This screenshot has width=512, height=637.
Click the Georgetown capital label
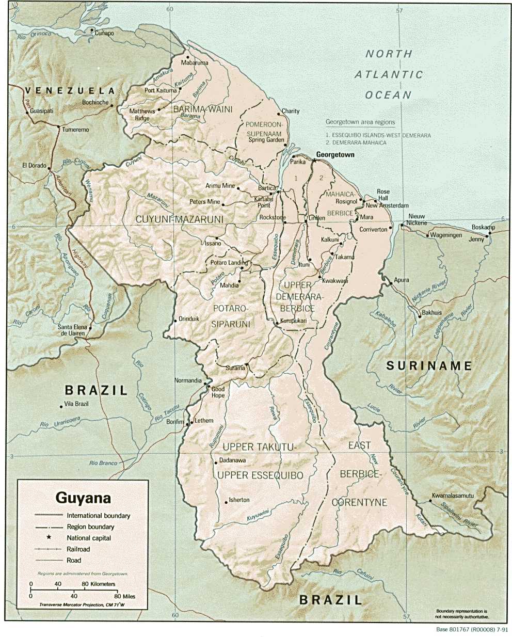(334, 154)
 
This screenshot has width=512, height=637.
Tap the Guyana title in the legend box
(83, 498)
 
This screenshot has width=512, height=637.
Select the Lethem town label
(204, 420)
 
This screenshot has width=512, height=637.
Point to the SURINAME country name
(429, 366)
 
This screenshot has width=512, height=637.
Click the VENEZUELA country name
(70, 90)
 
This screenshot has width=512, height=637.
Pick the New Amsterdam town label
(387, 205)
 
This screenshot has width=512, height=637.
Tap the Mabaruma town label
(195, 62)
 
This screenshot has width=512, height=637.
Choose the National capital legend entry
(88, 538)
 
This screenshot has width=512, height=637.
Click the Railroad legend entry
(78, 549)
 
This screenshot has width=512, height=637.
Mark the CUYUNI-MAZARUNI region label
(179, 219)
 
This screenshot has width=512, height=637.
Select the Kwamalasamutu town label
(453, 496)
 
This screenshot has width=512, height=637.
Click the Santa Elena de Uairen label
(72, 330)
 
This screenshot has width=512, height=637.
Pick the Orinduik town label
(188, 318)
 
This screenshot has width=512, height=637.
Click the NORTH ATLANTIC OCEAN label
(389, 74)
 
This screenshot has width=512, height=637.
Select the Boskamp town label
(483, 228)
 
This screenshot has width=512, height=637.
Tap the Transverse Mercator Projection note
(83, 604)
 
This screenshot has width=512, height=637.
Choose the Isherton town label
(239, 500)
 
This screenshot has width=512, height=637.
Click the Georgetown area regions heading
(360, 122)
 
